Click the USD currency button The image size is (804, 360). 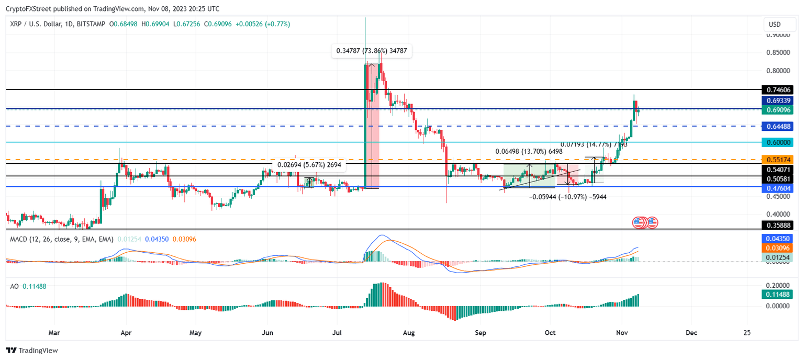pos(774,25)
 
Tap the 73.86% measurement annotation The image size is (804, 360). pos(372,51)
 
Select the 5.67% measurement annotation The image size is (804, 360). pos(309,165)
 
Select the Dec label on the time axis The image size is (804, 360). pos(691,332)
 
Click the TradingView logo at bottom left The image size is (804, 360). pos(32,351)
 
